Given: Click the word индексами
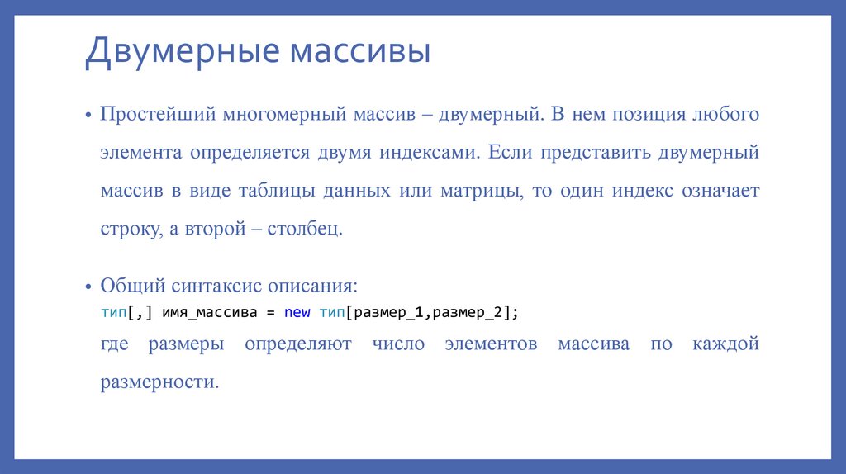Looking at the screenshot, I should click(x=428, y=153).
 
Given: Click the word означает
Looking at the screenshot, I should click(x=720, y=191).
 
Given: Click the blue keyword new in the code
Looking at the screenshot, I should click(x=297, y=313).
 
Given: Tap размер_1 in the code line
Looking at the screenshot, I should click(x=388, y=313).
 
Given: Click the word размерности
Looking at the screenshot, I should click(x=159, y=382).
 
